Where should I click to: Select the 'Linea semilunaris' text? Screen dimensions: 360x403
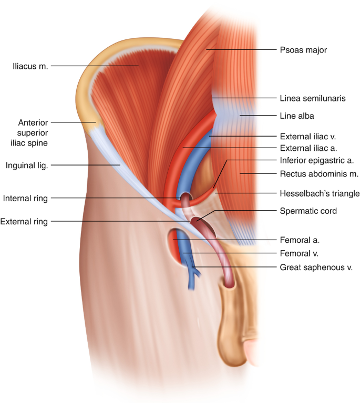coord(313,98)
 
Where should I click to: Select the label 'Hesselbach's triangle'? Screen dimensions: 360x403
coord(320,194)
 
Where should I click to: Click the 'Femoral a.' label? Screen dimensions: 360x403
coord(300,240)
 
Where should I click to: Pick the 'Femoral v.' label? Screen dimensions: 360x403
coord(300,253)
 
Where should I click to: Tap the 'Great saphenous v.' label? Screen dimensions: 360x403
coord(316,267)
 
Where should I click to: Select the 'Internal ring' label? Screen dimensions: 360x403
coord(25,199)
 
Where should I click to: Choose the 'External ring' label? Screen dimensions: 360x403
coord(24,222)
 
